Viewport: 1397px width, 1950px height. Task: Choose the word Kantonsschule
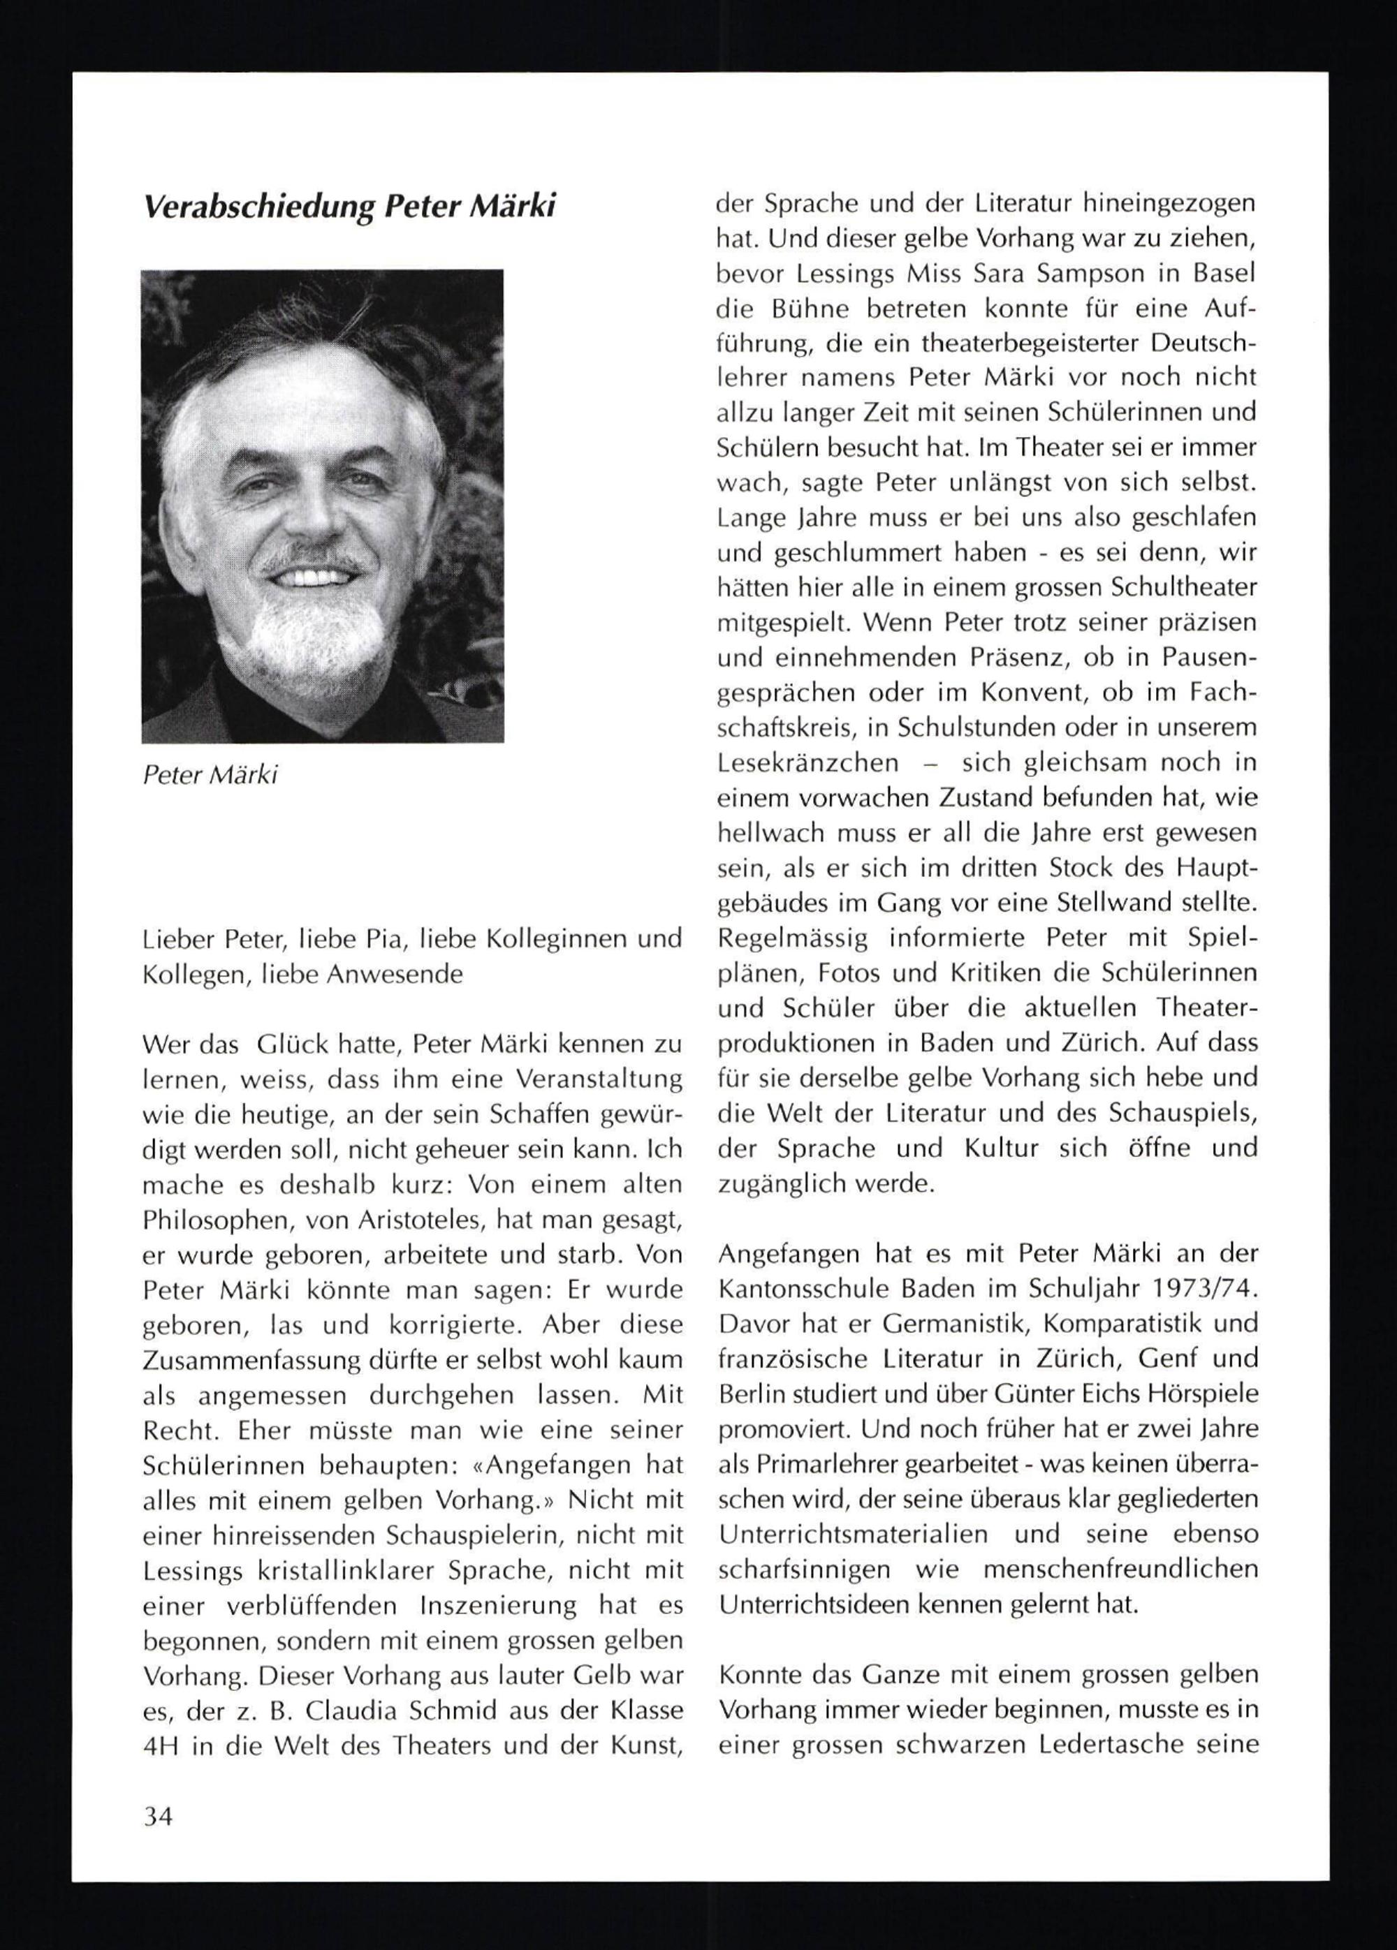click(806, 1289)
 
